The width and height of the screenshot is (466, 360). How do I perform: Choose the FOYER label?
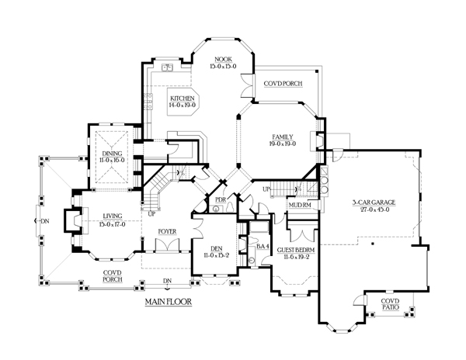[x=166, y=230]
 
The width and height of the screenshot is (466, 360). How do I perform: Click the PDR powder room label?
[x=221, y=200]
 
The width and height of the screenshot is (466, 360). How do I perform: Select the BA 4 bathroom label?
[x=263, y=247]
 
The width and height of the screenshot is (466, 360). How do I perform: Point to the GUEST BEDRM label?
[x=303, y=251]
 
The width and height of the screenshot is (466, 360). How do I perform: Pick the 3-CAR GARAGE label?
[x=373, y=202]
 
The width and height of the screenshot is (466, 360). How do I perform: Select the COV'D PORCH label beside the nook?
[x=283, y=83]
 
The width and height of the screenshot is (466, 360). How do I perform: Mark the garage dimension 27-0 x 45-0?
[x=373, y=209]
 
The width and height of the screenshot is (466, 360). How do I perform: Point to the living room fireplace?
[x=71, y=220]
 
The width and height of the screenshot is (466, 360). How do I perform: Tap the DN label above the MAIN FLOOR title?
[x=166, y=281]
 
